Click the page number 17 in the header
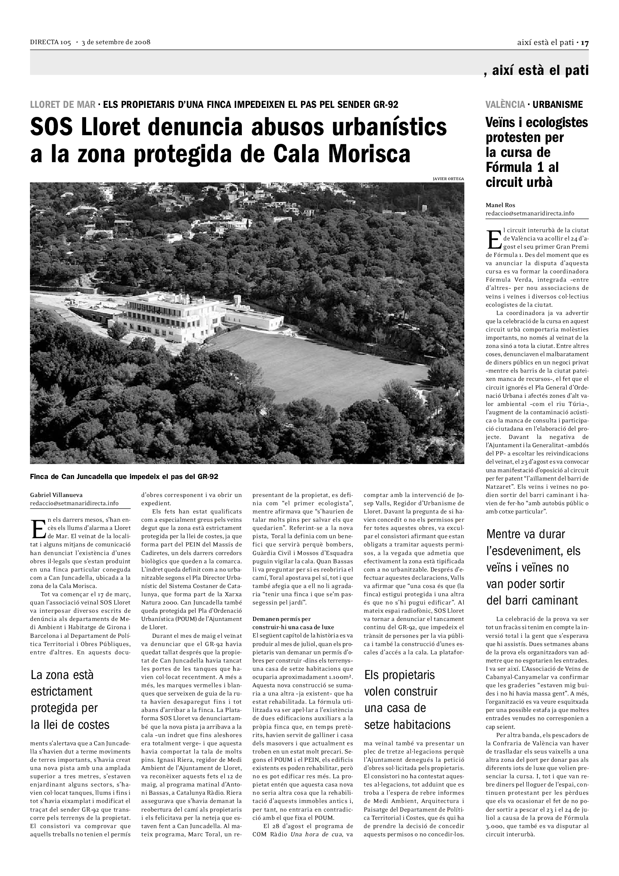click(x=585, y=43)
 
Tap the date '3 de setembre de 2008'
click(x=116, y=42)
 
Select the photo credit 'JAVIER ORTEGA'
click(x=448, y=179)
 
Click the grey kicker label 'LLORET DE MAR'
click(x=63, y=104)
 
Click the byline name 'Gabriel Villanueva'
click(x=56, y=495)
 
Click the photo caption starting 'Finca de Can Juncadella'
click(x=124, y=477)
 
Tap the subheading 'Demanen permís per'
click(x=282, y=618)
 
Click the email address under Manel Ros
click(x=530, y=213)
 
